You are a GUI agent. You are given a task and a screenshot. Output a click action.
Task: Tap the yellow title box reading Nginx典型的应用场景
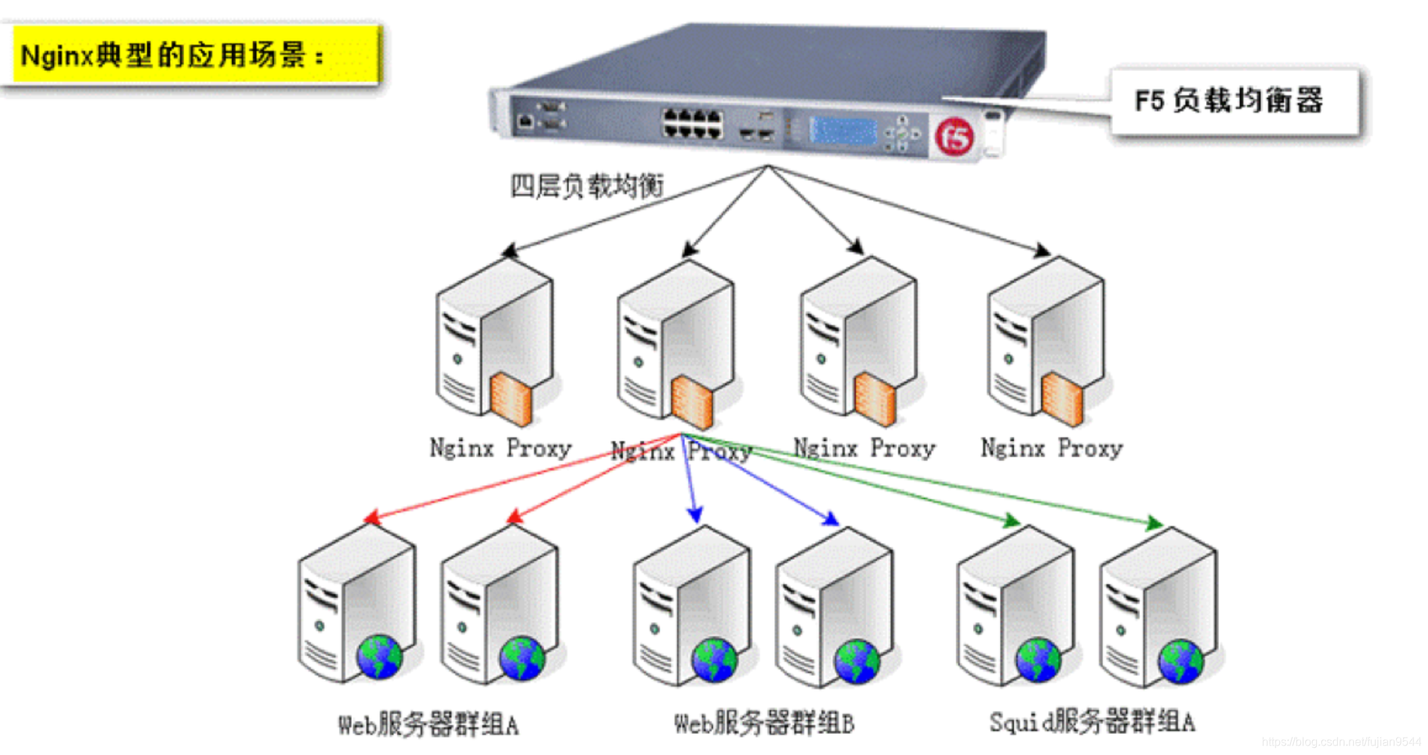coord(194,54)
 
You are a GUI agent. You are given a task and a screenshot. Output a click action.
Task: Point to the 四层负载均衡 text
coord(586,186)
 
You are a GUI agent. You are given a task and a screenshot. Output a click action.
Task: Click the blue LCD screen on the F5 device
coord(843,131)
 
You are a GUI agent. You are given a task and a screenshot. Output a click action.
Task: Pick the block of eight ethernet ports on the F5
coord(692,123)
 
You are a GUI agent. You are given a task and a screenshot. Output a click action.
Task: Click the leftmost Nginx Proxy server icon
coord(495,341)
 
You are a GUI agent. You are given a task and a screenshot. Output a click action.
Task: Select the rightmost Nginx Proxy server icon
coord(1046,341)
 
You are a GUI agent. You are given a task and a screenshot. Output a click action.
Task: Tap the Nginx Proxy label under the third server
coord(863,448)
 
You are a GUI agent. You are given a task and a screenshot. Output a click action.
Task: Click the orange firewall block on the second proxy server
coord(692,402)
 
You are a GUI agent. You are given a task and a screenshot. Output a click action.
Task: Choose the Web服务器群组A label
coord(428,724)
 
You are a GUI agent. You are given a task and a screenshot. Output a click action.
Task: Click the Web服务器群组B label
coord(763,723)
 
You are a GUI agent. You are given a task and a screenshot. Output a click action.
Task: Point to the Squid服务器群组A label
coord(1091,722)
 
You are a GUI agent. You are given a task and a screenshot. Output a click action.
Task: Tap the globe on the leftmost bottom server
coord(379,657)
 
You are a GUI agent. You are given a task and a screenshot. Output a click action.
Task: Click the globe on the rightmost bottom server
coord(1181,661)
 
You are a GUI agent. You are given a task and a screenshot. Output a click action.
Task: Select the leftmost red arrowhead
coord(372,518)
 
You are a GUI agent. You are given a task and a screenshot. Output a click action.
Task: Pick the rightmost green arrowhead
coord(1154,523)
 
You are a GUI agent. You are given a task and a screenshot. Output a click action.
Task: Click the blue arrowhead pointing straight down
coord(695,515)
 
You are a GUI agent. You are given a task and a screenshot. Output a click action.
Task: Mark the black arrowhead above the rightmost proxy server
coord(1043,250)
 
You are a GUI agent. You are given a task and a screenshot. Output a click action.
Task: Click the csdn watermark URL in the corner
coord(1341,742)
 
